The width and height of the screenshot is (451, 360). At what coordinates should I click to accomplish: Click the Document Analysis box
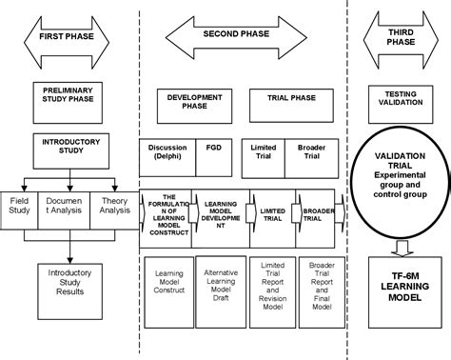tap(69, 206)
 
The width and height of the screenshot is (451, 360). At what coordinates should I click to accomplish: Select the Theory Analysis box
tap(115, 206)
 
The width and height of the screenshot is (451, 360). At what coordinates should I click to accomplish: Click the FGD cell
tap(212, 150)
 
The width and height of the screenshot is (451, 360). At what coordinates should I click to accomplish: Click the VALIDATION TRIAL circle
tap(399, 181)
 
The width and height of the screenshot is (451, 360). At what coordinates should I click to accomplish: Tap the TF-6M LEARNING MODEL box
tap(399, 292)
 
